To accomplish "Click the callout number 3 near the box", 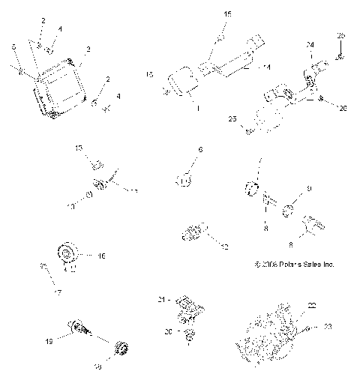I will (88, 49).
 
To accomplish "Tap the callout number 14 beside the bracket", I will (265, 67).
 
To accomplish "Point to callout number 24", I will (309, 45).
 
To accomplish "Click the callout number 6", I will (200, 151).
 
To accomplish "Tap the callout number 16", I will (101, 256).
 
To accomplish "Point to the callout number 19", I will (49, 341).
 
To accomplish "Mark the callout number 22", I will (312, 304).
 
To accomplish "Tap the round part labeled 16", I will (65, 252).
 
